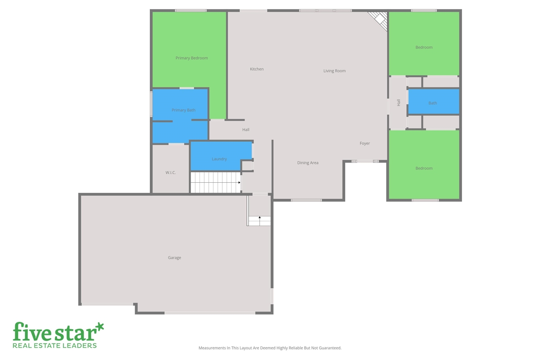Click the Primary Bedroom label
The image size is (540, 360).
[x=192, y=58]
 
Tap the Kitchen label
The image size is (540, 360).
[x=256, y=69]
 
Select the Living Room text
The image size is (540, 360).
[x=335, y=71]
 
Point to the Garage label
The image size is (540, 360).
[x=174, y=258]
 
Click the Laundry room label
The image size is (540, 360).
[x=219, y=159]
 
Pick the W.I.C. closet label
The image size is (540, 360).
[x=170, y=173]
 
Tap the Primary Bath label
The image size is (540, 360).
[x=184, y=110]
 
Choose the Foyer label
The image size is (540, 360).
[x=365, y=143]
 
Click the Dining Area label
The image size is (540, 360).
[x=308, y=163]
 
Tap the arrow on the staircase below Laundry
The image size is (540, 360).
[x=239, y=182]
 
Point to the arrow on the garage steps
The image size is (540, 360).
[x=259, y=217]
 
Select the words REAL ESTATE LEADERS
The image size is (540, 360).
[x=55, y=346]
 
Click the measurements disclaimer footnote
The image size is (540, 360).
[x=270, y=348]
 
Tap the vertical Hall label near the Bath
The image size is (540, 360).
[x=398, y=102]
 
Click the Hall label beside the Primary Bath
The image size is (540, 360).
[x=246, y=130]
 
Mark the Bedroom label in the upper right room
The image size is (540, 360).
[x=424, y=47]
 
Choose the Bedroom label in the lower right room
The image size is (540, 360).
[x=424, y=168]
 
